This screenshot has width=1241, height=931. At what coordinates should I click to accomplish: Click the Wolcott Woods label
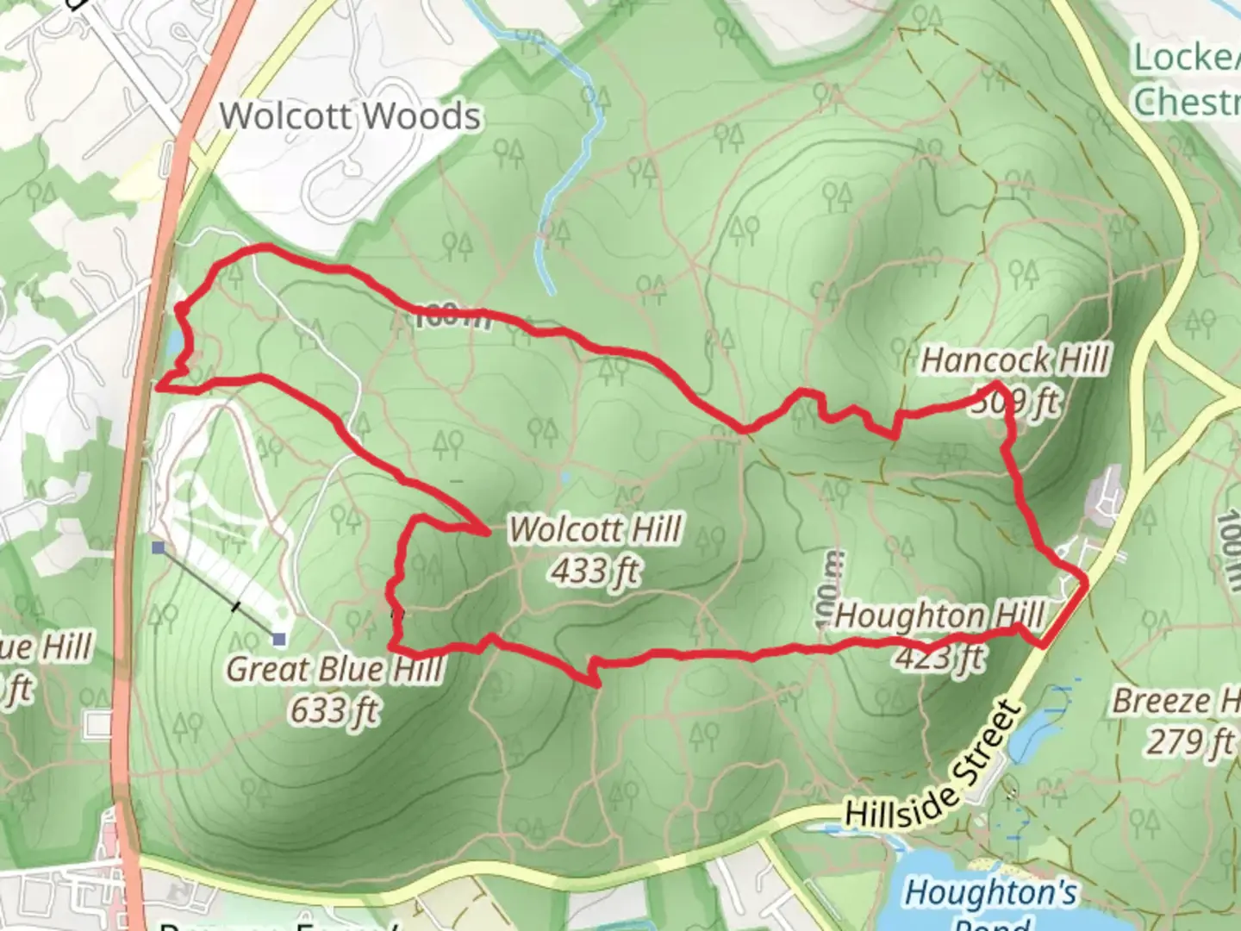tap(350, 116)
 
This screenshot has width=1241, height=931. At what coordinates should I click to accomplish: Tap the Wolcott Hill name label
tap(596, 529)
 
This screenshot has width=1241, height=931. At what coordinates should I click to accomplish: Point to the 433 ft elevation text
tap(596, 571)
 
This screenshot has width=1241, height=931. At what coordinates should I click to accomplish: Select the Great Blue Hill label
tap(334, 669)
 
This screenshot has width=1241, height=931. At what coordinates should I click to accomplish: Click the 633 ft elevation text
tap(334, 710)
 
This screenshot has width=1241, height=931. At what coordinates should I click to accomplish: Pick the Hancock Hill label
tap(1014, 360)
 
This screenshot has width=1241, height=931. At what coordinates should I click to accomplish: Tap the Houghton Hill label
tap(939, 616)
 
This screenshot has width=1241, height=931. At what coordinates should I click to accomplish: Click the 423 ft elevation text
tap(939, 658)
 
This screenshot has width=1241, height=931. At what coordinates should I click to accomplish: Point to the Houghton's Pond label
tap(991, 893)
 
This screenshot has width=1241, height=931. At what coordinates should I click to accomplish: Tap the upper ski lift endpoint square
tap(158, 547)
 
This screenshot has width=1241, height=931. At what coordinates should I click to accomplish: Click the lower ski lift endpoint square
tap(278, 639)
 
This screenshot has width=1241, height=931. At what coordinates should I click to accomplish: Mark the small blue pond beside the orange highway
tap(176, 343)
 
